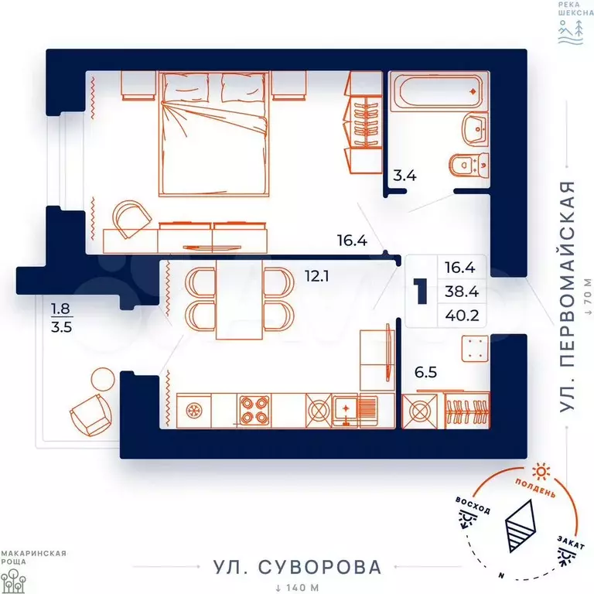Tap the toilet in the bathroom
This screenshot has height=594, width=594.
coord(469,165)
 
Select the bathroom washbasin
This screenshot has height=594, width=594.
coord(476,130)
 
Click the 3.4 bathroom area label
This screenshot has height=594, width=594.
coord(405,176)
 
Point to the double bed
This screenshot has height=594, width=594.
coord(213,134)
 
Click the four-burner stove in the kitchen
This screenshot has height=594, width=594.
coord(254,411)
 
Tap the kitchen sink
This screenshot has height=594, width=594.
coord(345,411)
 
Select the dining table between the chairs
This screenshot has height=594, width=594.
coord(240,299)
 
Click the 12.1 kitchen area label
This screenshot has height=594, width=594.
coord(316,276)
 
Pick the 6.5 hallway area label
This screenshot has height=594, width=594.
coord(426,372)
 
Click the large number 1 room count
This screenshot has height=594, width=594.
coord(421,291)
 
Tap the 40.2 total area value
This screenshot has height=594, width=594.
coord(462,316)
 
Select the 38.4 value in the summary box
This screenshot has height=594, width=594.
coord(462,292)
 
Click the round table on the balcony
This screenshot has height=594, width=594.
coord(103,379)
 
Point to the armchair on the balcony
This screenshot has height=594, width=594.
coord(91,415)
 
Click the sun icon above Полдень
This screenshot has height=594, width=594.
coord(541,472)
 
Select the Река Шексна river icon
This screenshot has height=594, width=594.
coord(571,32)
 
